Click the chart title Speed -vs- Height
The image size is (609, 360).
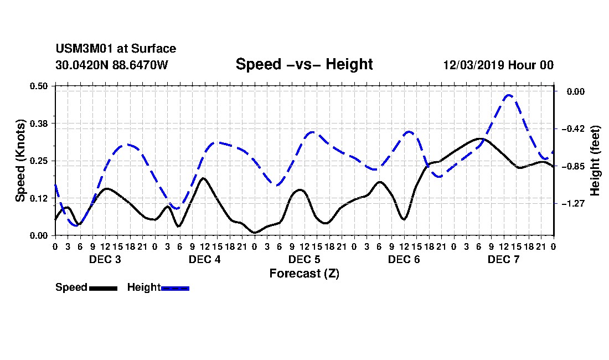304,64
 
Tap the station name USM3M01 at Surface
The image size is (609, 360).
116,49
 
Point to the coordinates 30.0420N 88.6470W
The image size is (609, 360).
112,65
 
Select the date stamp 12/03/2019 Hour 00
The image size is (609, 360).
498,65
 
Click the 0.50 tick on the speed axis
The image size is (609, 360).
38,86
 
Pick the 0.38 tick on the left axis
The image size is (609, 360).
38,124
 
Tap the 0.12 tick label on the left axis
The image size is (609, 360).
38,198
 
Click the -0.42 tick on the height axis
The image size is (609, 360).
572,128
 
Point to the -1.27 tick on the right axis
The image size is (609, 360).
572,203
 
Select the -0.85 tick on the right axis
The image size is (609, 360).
572,166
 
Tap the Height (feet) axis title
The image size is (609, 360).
595,161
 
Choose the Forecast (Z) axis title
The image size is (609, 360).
304,274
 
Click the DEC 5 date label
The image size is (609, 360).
304,259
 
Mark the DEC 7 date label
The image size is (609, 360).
504,259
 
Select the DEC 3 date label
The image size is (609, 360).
105,259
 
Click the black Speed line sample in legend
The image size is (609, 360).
104,288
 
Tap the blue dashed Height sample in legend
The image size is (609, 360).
175,288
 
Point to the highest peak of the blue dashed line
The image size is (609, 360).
508,95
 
